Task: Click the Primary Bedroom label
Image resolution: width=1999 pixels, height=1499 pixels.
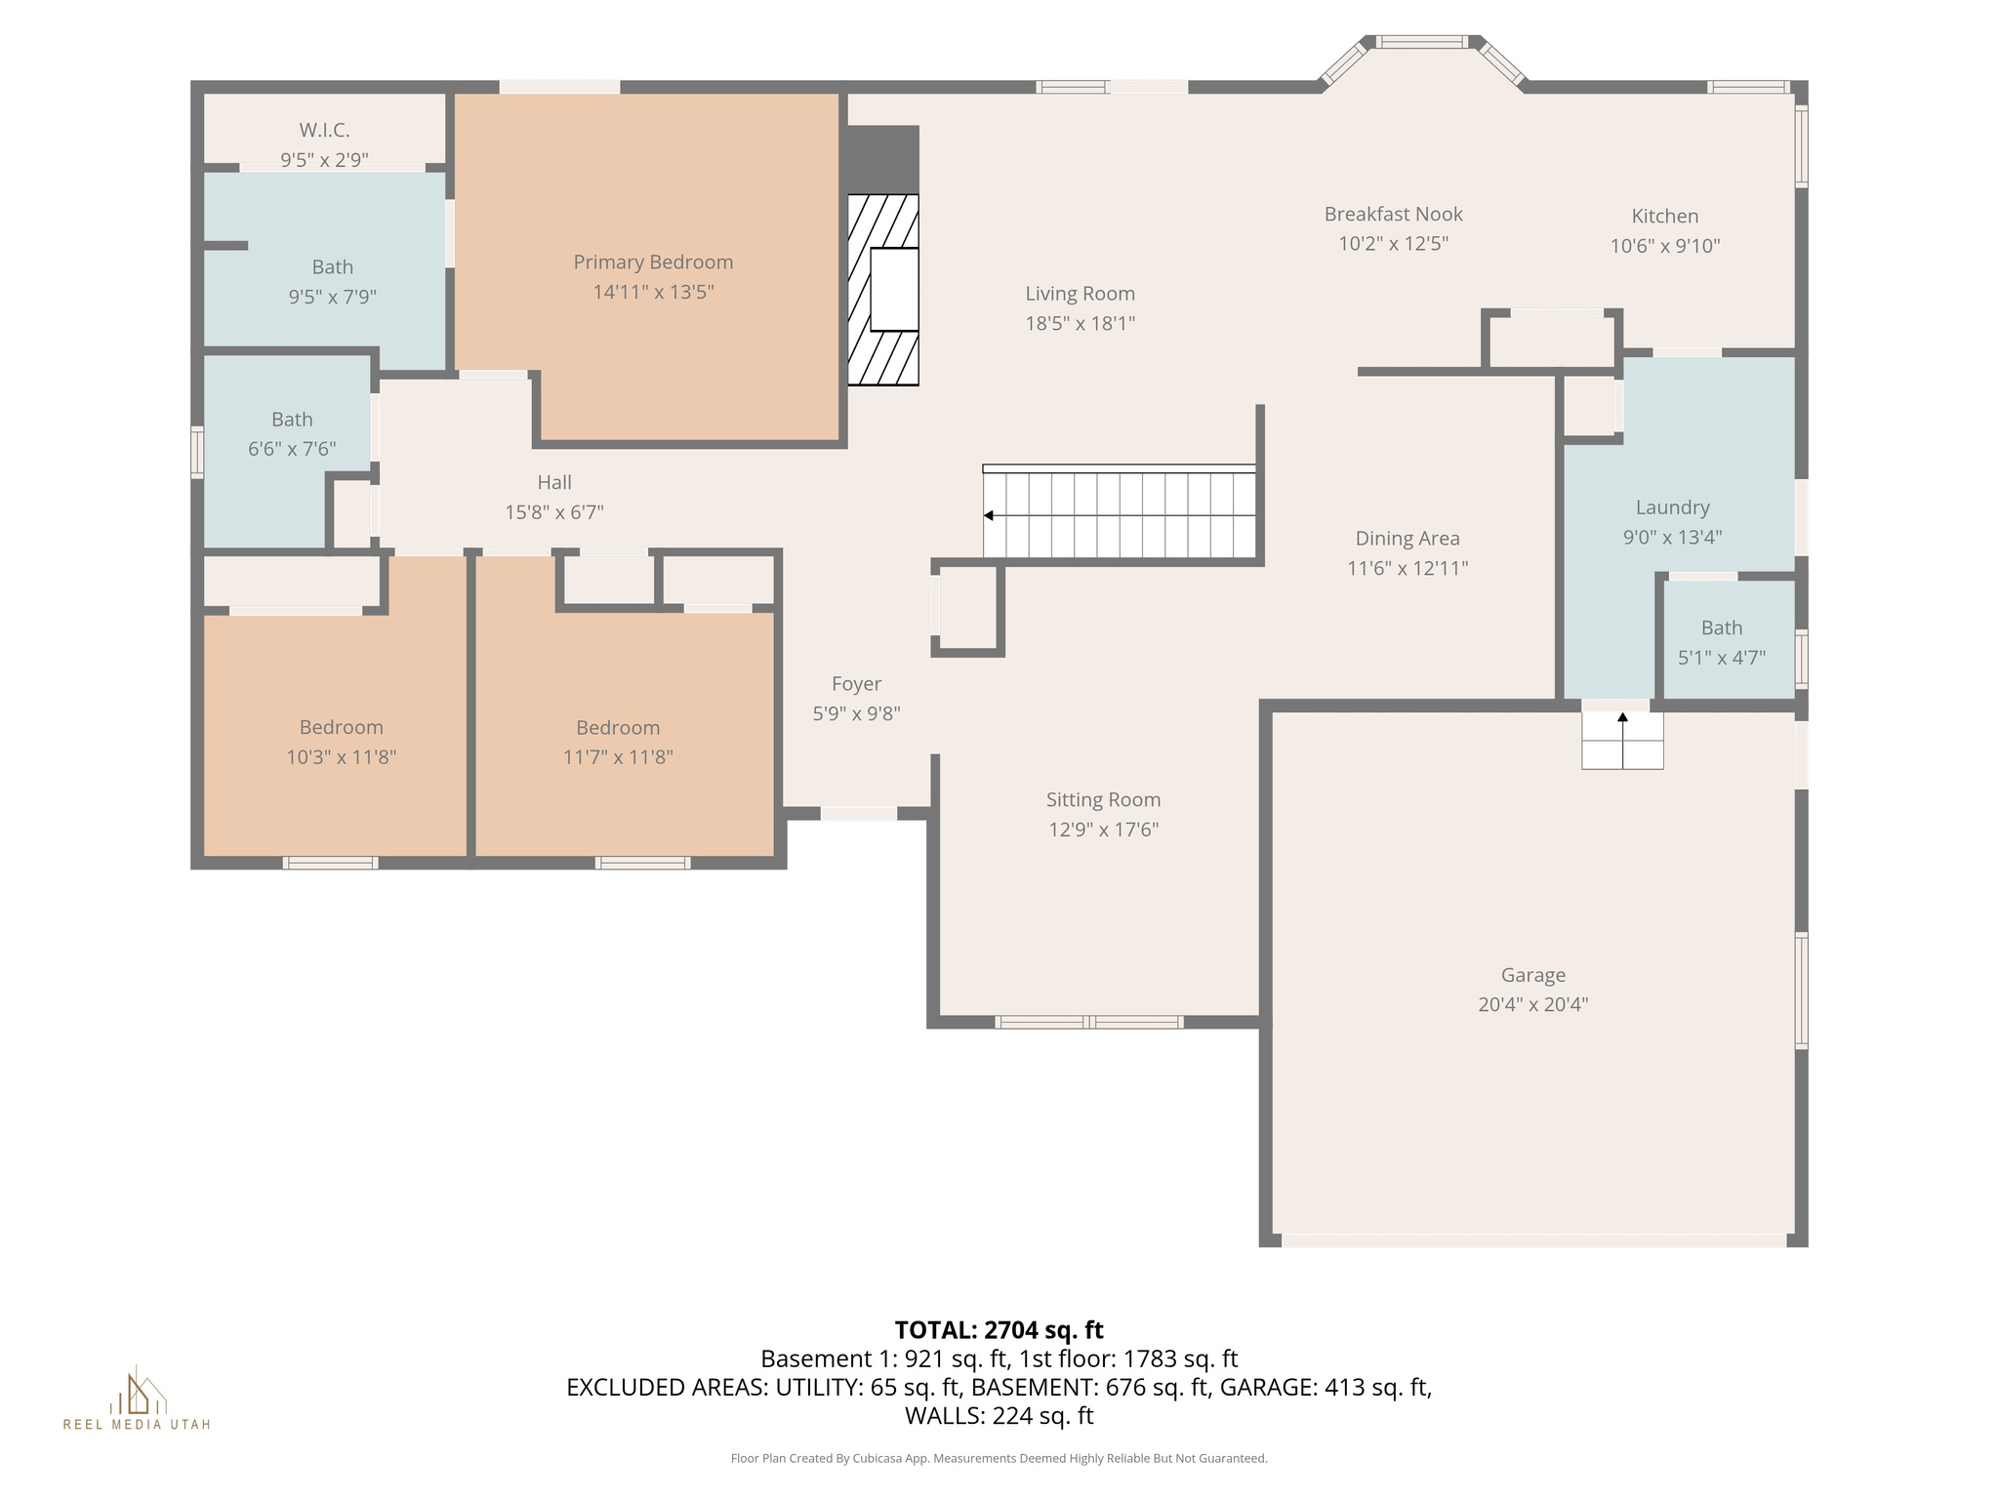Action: pyautogui.click(x=653, y=262)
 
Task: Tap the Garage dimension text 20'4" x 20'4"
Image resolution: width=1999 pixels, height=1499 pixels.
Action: pyautogui.click(x=1532, y=1004)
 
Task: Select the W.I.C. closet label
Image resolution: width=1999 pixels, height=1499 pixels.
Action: pyautogui.click(x=324, y=130)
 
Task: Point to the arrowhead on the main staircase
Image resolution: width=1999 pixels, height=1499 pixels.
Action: pyautogui.click(x=989, y=515)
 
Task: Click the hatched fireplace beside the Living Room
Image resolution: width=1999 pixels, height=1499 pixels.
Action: pyautogui.click(x=882, y=290)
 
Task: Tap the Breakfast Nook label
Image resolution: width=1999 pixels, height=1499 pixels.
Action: pyautogui.click(x=1393, y=214)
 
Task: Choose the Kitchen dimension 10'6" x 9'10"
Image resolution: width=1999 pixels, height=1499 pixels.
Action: pyautogui.click(x=1664, y=246)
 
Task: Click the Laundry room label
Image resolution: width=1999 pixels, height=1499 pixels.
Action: pyautogui.click(x=1672, y=507)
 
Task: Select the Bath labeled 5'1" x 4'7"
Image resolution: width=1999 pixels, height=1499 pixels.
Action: pyautogui.click(x=1721, y=642)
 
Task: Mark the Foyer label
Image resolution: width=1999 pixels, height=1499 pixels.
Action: pyautogui.click(x=856, y=684)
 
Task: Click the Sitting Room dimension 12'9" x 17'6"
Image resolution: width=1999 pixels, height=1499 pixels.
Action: pyautogui.click(x=1103, y=830)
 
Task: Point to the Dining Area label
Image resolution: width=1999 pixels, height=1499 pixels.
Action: pyautogui.click(x=1407, y=539)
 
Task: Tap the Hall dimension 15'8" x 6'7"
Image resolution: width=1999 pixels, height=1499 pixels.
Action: pyautogui.click(x=553, y=512)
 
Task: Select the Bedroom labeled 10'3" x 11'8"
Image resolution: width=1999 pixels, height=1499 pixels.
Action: pyautogui.click(x=341, y=742)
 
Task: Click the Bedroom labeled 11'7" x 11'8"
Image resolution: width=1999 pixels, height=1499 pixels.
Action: pyautogui.click(x=618, y=742)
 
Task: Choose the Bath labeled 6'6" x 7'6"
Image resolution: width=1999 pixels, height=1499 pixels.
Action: pyautogui.click(x=292, y=433)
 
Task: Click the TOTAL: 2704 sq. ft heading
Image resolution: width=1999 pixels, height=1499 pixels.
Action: pyautogui.click(x=999, y=1330)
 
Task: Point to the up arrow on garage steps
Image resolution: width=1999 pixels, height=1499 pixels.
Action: pyautogui.click(x=1622, y=718)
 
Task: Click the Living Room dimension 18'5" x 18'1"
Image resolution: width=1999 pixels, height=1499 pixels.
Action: pyautogui.click(x=1080, y=323)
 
